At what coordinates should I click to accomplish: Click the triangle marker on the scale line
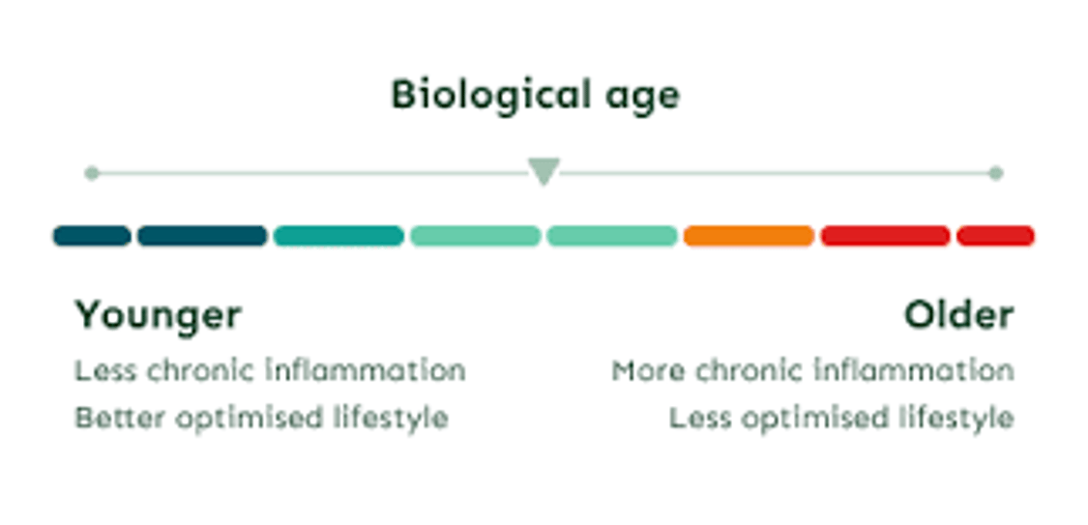click(x=544, y=171)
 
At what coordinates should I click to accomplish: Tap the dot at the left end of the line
click(x=92, y=173)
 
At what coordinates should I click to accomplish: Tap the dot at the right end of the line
click(x=996, y=173)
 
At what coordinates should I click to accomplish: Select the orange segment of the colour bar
click(x=749, y=236)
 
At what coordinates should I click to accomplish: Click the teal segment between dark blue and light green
click(x=338, y=236)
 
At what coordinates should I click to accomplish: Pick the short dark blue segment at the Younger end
click(x=92, y=236)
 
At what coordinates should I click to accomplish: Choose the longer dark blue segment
click(x=202, y=236)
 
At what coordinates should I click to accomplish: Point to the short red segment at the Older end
click(x=995, y=236)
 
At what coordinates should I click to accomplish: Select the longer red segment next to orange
click(x=885, y=236)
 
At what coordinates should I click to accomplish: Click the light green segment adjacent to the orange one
click(x=612, y=236)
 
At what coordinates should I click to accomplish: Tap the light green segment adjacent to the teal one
click(x=475, y=236)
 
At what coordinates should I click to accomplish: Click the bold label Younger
click(x=159, y=315)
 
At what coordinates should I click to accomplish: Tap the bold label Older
click(x=958, y=315)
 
